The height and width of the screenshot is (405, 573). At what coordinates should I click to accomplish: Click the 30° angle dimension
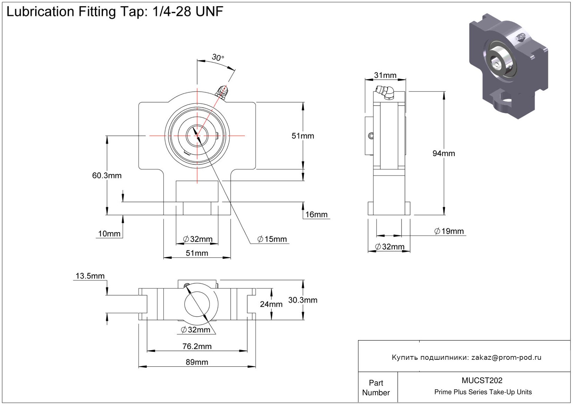(x=218, y=57)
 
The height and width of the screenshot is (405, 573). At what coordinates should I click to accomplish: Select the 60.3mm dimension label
(x=107, y=176)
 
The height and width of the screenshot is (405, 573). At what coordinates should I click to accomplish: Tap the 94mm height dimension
(x=444, y=153)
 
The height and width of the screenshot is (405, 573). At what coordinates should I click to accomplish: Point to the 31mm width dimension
(x=385, y=75)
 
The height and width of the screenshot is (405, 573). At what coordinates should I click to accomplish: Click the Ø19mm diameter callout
(x=449, y=231)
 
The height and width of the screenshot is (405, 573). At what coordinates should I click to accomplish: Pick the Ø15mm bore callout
(x=272, y=239)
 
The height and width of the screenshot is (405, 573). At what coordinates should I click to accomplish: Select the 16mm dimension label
(x=316, y=214)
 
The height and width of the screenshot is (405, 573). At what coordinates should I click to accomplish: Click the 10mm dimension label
(x=109, y=234)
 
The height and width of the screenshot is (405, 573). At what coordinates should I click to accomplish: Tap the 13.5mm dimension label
(x=90, y=276)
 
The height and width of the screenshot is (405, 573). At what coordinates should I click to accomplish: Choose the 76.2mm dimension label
(x=197, y=346)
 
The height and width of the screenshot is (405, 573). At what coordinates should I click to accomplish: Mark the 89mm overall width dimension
(x=197, y=362)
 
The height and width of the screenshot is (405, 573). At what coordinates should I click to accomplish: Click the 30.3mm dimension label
(x=303, y=300)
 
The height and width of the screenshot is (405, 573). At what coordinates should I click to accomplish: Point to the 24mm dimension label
(x=271, y=304)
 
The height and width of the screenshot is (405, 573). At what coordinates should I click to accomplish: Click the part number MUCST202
(x=482, y=380)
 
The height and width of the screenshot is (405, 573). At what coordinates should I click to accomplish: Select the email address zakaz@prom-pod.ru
(x=506, y=357)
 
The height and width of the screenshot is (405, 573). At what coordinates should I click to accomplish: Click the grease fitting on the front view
(x=222, y=92)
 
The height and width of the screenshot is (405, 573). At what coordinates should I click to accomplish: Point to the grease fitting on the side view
(x=385, y=92)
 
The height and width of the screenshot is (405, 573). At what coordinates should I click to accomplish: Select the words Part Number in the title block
(x=376, y=388)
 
